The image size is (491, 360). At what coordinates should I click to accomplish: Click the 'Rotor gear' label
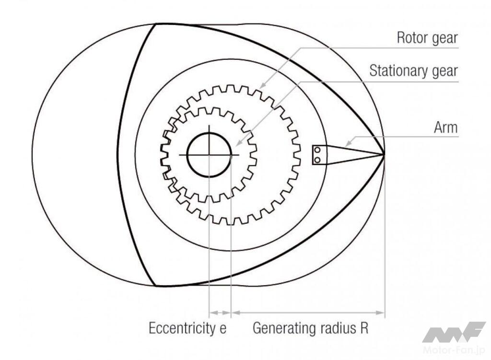pyautogui.click(x=427, y=38)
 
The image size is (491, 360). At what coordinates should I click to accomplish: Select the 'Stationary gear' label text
pyautogui.click(x=413, y=71)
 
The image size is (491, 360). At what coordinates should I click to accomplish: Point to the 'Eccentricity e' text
pyautogui.click(x=187, y=328)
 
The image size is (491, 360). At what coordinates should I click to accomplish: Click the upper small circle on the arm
pyautogui.click(x=317, y=151)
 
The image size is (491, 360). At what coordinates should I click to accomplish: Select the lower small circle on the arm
pyautogui.click(x=317, y=159)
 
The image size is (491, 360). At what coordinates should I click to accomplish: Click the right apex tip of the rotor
pyautogui.click(x=384, y=154)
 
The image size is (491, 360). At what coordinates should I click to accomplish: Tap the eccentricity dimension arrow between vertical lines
pyautogui.click(x=220, y=313)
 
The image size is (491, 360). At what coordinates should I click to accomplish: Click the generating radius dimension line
pyautogui.click(x=307, y=313)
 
